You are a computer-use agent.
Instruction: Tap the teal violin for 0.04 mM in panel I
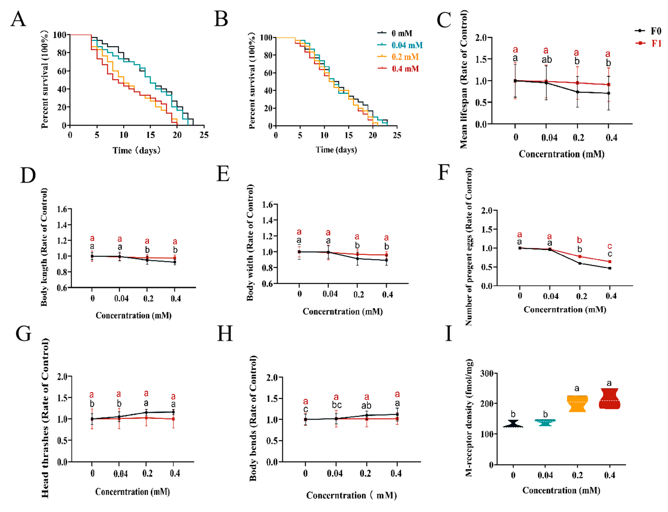point(545,422)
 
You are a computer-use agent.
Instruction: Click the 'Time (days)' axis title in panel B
point(336,150)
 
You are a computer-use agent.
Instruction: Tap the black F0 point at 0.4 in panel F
point(609,268)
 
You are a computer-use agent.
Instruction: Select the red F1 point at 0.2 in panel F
point(580,257)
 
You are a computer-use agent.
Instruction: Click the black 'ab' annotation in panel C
point(546,60)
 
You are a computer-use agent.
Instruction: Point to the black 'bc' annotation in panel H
point(336,405)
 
